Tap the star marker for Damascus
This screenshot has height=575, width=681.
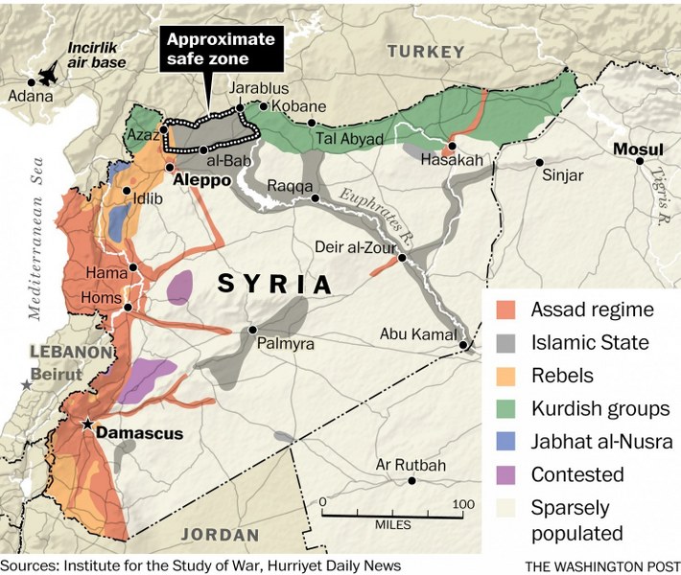pyautogui.click(x=88, y=424)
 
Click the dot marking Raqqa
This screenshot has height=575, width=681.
pyautogui.click(x=315, y=198)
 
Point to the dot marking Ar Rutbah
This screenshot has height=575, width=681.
pyautogui.click(x=411, y=481)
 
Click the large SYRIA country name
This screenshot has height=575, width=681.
pyautogui.click(x=274, y=284)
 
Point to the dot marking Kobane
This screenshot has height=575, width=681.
pyautogui.click(x=264, y=105)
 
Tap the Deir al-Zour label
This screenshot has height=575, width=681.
pyautogui.click(x=355, y=247)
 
